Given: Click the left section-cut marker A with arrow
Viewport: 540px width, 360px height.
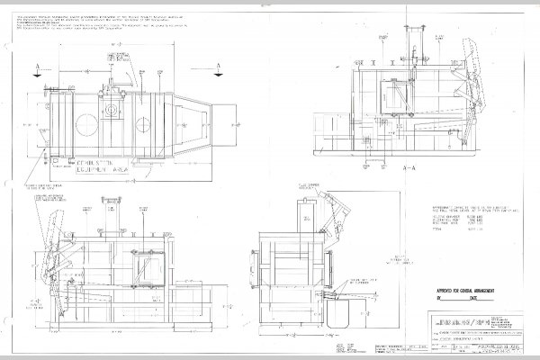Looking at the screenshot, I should point(34,67).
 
